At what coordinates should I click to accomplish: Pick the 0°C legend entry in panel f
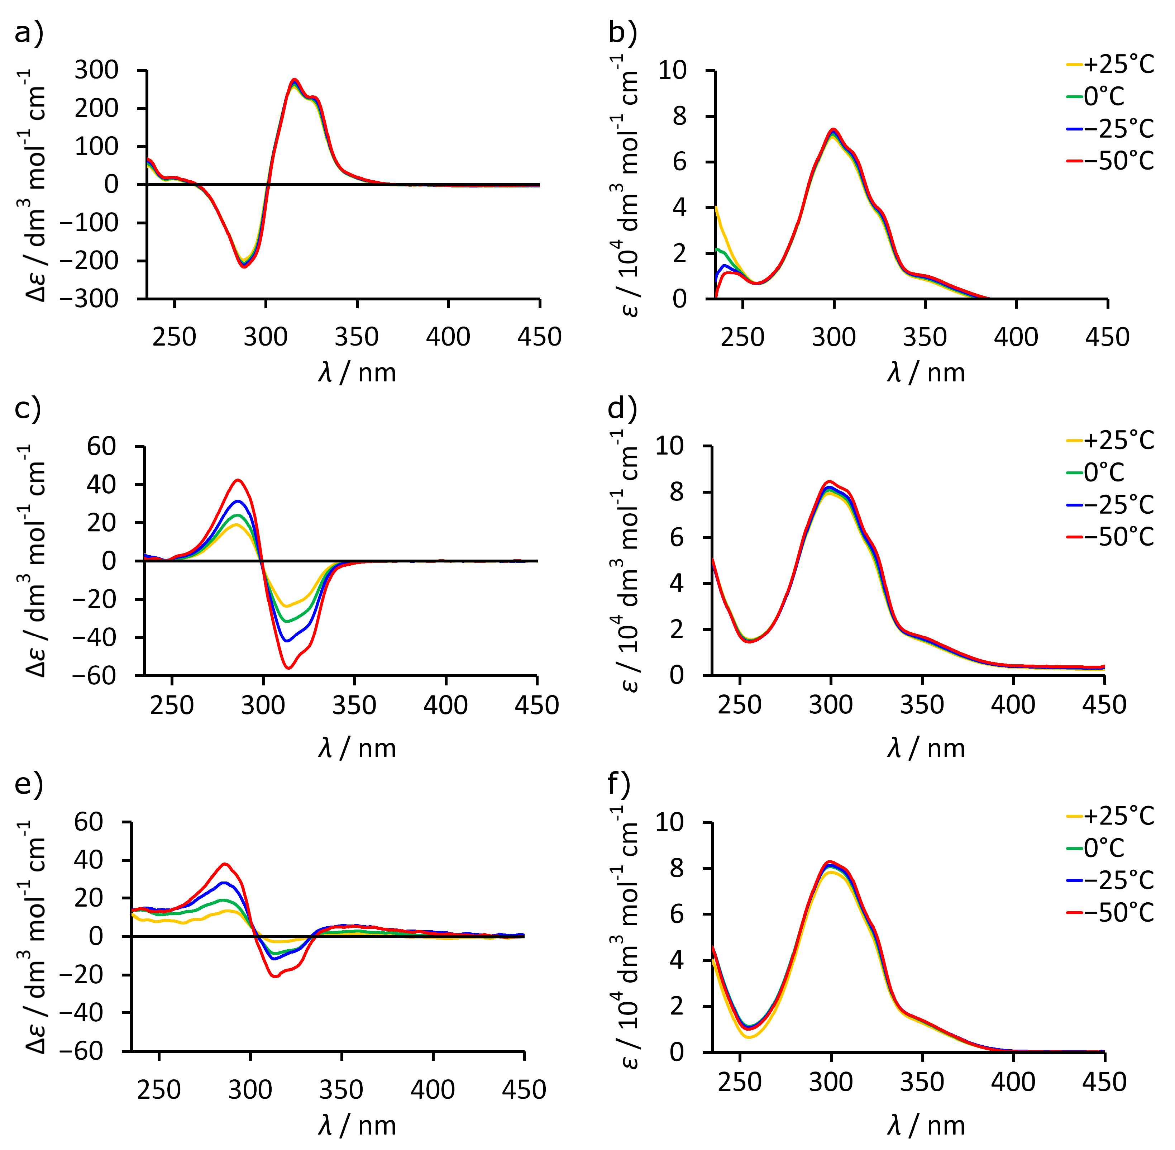pyautogui.click(x=1095, y=848)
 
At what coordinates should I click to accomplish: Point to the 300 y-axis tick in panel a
pyautogui.click(x=97, y=71)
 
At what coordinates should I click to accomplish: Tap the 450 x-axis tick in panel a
pyautogui.click(x=539, y=337)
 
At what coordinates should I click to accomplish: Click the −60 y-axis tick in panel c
pyautogui.click(x=94, y=675)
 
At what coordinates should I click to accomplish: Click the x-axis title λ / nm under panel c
pyautogui.click(x=357, y=749)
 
